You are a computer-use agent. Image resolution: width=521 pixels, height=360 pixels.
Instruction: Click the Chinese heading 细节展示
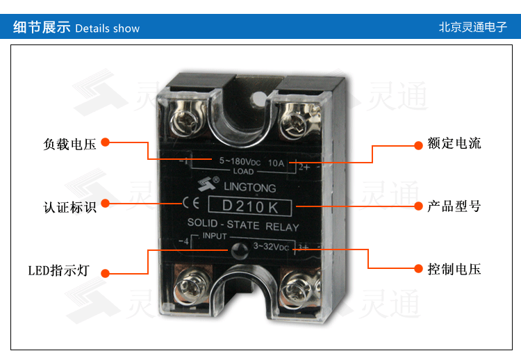(42, 28)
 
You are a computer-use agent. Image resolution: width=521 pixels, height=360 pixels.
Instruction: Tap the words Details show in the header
(107, 28)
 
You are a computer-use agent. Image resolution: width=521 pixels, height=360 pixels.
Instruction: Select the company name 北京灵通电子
(473, 28)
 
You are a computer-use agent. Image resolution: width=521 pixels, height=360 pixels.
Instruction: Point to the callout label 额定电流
(454, 145)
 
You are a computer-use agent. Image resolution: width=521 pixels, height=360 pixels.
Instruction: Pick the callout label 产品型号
(454, 207)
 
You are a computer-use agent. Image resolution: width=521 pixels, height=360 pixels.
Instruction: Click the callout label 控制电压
(454, 270)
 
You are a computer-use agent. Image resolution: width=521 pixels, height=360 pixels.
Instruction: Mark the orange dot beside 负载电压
(105, 142)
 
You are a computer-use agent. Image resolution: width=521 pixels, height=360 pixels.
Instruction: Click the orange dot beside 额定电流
(419, 145)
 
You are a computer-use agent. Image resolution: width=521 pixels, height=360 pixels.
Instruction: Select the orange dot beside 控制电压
(419, 268)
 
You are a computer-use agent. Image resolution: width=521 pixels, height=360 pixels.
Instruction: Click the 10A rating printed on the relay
(276, 163)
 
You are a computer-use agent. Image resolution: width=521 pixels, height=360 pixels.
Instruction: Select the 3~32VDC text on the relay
(272, 247)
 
